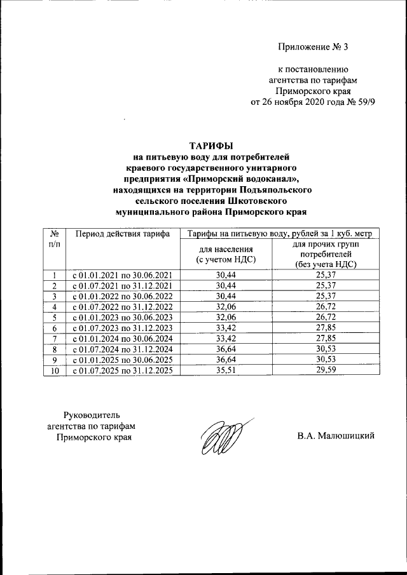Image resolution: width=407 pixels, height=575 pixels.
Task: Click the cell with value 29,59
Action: [324, 370]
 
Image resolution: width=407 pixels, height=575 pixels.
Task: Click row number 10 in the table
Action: [54, 370]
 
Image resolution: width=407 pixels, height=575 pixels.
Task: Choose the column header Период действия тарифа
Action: [122, 233]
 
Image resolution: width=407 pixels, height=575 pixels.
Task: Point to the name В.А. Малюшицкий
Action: [336, 436]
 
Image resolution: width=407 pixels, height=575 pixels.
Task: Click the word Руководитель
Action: [92, 415]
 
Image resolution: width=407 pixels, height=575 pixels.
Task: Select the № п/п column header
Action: [54, 239]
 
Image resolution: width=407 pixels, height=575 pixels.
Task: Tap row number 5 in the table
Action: [54, 317]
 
